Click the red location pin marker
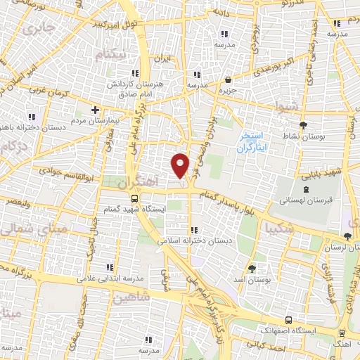click(x=181, y=165)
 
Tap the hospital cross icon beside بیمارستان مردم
click(x=95, y=110)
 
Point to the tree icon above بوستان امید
click(x=253, y=268)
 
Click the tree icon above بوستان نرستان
click(x=348, y=236)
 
